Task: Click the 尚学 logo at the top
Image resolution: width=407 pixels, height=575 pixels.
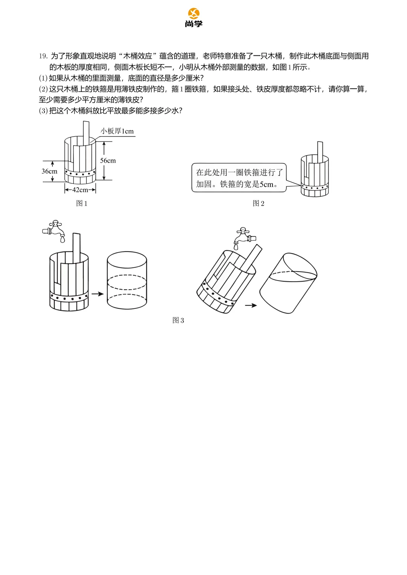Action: point(194,18)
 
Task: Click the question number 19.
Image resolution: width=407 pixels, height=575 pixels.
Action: point(43,56)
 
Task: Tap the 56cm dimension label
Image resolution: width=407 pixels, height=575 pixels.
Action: point(108,160)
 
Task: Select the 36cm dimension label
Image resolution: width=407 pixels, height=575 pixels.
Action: point(49,171)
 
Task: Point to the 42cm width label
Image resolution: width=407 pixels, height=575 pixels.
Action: point(80,190)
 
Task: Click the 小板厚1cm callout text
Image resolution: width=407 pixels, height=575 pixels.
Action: point(117,131)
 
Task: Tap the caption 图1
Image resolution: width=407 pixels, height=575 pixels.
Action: point(82,203)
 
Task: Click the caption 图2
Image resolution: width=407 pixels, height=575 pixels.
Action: point(259,203)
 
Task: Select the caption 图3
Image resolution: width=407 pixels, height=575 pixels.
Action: point(178,320)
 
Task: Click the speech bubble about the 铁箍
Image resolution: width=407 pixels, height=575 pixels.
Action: point(239,178)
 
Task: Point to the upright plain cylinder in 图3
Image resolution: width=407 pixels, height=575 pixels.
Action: point(127,280)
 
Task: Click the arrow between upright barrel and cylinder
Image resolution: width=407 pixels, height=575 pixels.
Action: point(98,294)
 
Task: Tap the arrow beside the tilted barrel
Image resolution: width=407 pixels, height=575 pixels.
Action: point(251,305)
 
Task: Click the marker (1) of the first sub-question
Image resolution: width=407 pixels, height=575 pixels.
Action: point(43,78)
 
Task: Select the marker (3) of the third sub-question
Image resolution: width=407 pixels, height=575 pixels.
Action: point(43,111)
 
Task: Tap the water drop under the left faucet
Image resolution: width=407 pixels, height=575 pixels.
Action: point(63,239)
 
